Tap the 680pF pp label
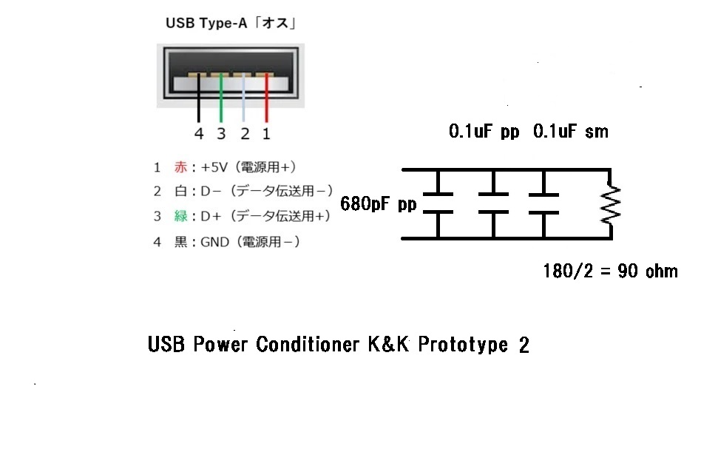[379, 203]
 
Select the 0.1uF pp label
[484, 132]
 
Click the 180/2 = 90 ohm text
[610, 271]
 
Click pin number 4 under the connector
[198, 134]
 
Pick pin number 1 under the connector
[267, 134]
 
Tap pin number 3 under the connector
[221, 134]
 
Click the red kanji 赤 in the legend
[180, 168]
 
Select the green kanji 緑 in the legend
[180, 216]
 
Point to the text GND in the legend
[215, 242]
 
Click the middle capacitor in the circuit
[493, 203]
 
